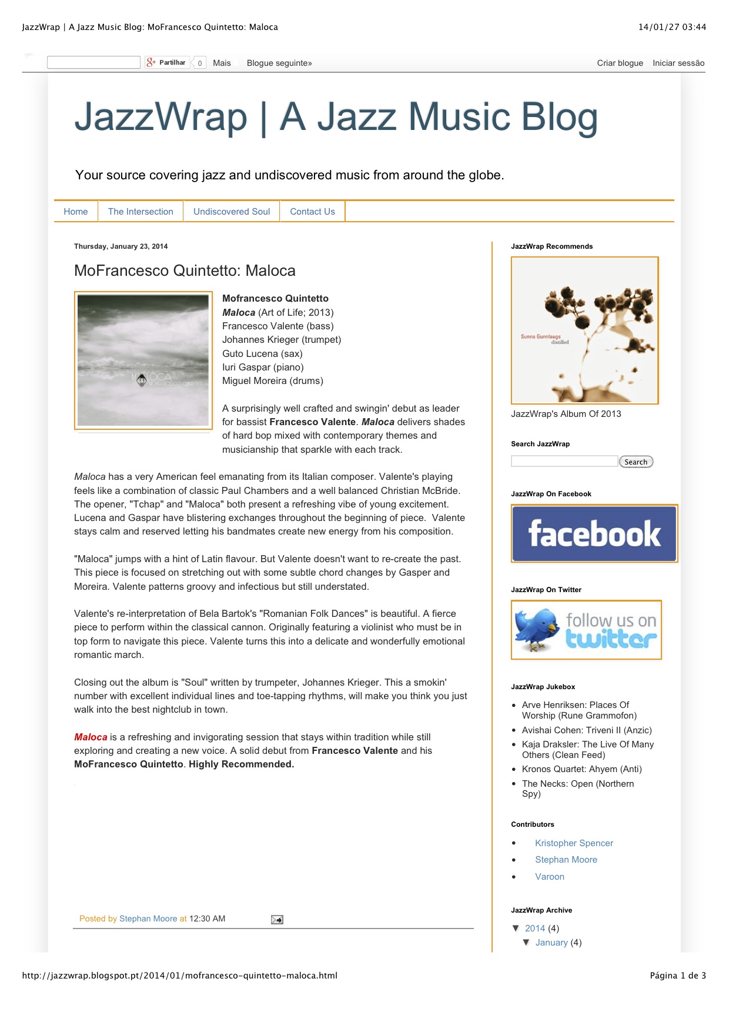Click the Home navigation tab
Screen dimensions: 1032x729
(x=76, y=212)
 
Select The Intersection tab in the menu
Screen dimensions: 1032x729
(x=141, y=212)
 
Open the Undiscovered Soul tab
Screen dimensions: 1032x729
(x=232, y=212)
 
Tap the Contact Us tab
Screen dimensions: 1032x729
(x=312, y=212)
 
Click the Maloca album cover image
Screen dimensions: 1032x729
(x=143, y=360)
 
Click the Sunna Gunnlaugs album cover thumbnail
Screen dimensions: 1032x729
(x=584, y=330)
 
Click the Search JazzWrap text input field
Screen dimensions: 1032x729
(x=564, y=462)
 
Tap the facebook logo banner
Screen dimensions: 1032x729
(x=594, y=533)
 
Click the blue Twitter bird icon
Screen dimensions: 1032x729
(x=536, y=629)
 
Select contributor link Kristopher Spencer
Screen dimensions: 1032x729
(x=574, y=843)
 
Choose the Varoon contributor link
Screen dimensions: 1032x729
(x=550, y=877)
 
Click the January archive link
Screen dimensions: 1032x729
(x=551, y=943)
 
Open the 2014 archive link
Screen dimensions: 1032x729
(x=535, y=929)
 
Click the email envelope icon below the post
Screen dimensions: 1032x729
(x=277, y=920)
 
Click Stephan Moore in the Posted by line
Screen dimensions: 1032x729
(x=148, y=919)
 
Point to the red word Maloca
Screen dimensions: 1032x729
(x=91, y=737)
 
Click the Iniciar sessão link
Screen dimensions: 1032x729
(x=678, y=63)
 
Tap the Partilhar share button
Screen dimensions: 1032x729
(x=168, y=62)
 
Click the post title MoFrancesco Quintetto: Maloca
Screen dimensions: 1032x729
(x=185, y=270)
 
